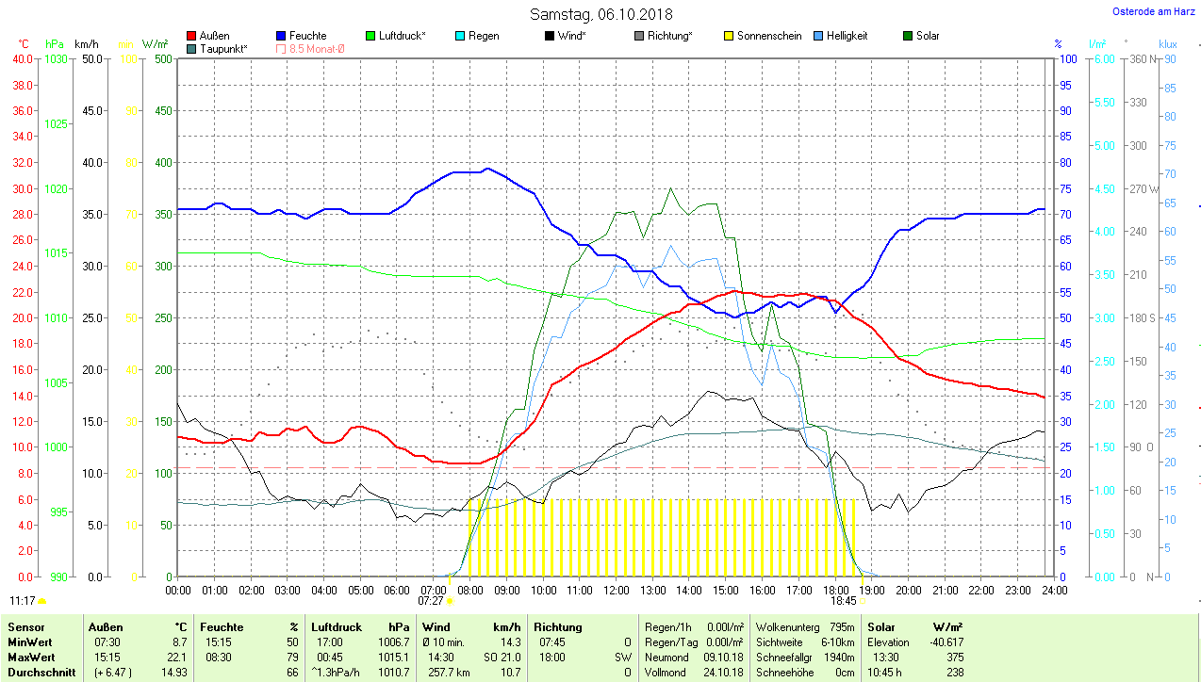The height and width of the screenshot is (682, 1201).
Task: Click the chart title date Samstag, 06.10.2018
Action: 600,14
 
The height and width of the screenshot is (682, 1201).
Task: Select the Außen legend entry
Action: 214,36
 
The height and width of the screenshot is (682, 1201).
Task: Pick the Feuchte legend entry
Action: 307,36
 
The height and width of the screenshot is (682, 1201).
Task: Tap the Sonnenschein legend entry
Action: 769,36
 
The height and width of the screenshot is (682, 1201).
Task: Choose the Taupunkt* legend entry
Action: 223,48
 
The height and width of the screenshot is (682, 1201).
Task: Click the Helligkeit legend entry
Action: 847,36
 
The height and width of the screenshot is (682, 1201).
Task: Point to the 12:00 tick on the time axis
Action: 616,590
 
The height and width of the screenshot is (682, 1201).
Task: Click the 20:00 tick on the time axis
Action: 908,590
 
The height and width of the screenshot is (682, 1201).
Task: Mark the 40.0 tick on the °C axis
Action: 22,59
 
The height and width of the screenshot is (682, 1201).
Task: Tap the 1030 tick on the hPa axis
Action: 57,59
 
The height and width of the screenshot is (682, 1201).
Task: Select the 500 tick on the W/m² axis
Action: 163,59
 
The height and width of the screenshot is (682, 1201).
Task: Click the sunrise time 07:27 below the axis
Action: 431,600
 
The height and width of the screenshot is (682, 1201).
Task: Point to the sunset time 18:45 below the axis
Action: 843,600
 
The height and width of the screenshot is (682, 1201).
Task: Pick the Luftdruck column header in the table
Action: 337,627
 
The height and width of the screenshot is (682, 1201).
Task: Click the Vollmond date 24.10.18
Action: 724,673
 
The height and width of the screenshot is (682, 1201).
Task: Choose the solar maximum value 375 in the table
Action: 955,658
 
